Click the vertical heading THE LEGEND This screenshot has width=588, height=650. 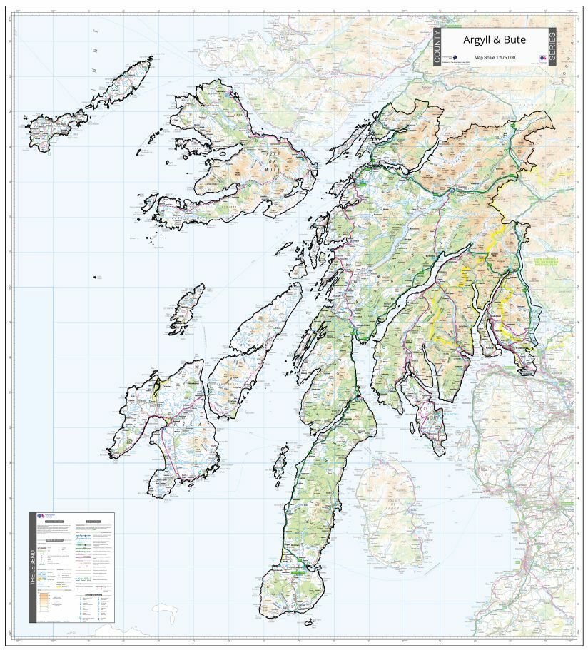coord(33,568)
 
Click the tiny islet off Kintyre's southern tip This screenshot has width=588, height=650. coord(308,622)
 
